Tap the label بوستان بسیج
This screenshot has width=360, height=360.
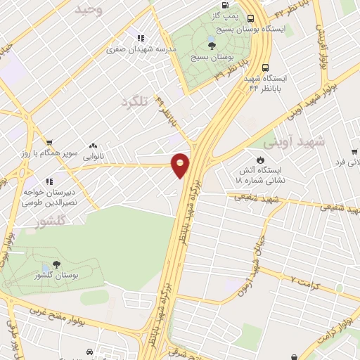point(212,56)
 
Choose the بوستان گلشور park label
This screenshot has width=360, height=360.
point(57,276)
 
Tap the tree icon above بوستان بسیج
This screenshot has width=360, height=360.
point(212,45)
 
